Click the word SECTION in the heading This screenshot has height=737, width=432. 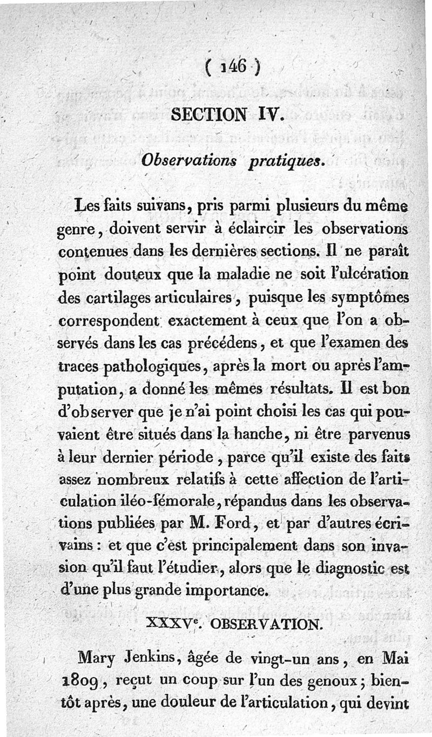(x=201, y=115)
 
